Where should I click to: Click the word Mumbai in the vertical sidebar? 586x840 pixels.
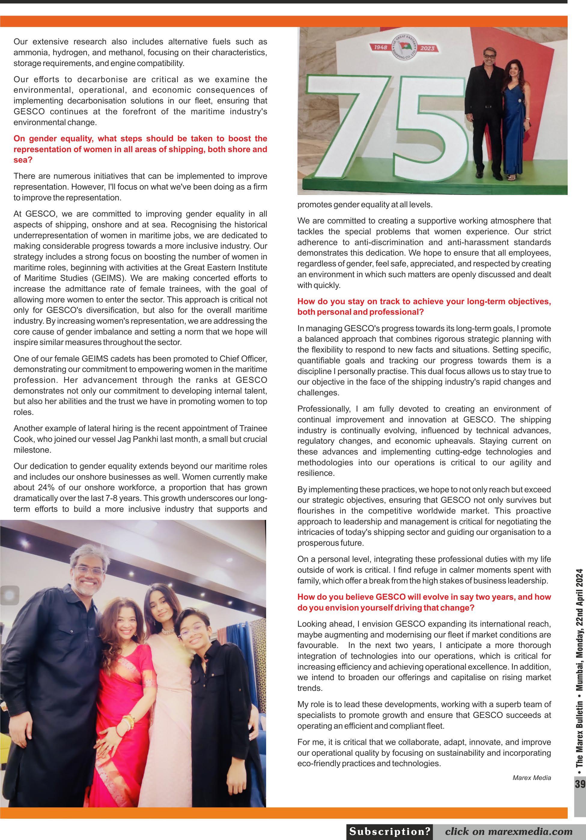click(580, 675)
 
